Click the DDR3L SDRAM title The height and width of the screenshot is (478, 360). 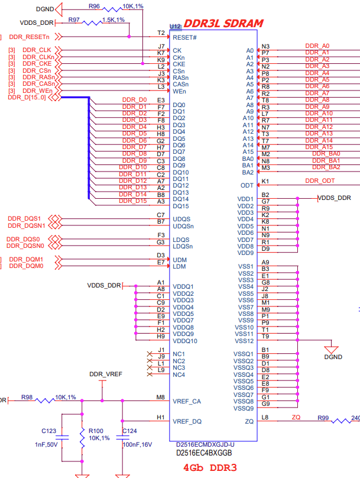point(223,24)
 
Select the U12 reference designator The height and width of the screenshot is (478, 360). point(175,27)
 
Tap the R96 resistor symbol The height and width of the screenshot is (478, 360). point(112,9)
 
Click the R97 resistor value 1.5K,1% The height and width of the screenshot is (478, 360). point(113,20)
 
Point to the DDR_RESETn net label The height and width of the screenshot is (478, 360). point(29,37)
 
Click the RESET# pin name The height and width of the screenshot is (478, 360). point(184,37)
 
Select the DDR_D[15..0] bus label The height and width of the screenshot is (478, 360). point(27,98)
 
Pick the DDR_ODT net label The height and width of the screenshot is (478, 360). point(320,181)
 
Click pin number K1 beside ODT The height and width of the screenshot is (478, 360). point(265,182)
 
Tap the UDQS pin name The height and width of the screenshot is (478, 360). point(181,219)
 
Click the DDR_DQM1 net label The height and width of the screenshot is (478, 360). point(26,260)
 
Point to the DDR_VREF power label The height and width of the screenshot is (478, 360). point(106,374)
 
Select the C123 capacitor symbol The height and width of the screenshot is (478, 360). point(62,437)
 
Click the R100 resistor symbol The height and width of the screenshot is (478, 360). point(82,438)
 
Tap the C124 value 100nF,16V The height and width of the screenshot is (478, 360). point(137,444)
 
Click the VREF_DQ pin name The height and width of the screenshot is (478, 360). point(187,422)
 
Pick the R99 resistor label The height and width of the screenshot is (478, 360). point(323,418)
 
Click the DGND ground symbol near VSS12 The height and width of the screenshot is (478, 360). point(332,350)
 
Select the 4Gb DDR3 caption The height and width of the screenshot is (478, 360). point(210,467)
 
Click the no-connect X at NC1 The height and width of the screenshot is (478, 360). point(150,354)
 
